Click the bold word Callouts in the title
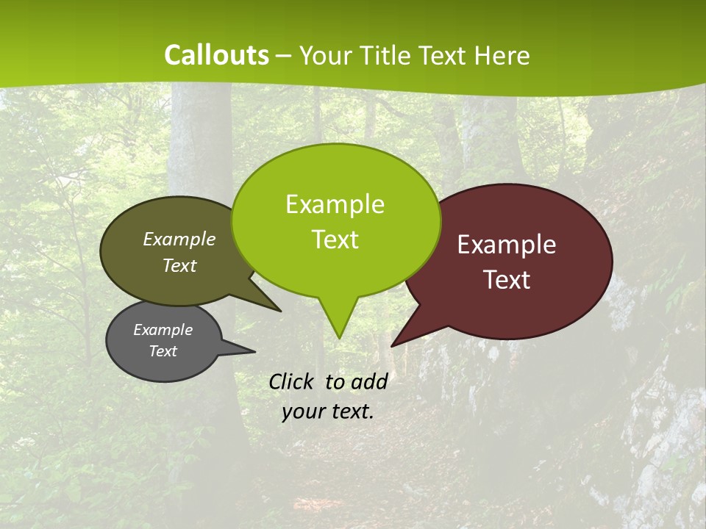[217, 55]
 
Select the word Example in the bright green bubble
[335, 204]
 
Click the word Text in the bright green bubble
[335, 240]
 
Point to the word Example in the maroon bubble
[507, 245]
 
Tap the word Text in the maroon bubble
[507, 280]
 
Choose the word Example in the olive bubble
[179, 239]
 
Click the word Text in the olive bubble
[179, 265]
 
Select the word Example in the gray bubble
[163, 330]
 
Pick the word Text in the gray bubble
[163, 351]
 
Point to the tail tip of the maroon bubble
[392, 345]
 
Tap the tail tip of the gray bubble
[254, 351]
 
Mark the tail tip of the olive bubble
[281, 311]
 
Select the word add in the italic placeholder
[369, 381]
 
